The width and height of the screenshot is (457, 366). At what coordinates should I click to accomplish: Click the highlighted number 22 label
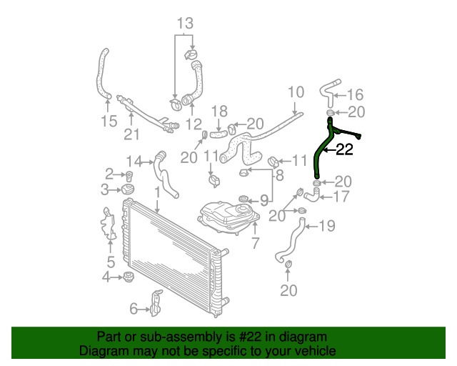[344, 150]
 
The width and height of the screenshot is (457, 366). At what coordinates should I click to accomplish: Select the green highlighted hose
[321, 154]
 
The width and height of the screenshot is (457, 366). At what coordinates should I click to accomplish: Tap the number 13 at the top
[185, 24]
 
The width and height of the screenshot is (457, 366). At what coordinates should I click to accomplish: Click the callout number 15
[109, 121]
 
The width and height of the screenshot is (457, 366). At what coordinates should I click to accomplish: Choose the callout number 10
[295, 92]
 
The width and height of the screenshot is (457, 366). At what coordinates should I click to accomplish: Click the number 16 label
[355, 94]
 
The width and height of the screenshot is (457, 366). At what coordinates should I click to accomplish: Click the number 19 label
[326, 227]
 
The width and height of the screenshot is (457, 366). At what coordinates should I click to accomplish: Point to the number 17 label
[342, 196]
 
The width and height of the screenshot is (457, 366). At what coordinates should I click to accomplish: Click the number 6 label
[134, 309]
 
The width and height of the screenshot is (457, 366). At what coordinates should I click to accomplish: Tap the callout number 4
[106, 277]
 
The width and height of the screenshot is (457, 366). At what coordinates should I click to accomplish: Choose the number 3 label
[105, 189]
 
